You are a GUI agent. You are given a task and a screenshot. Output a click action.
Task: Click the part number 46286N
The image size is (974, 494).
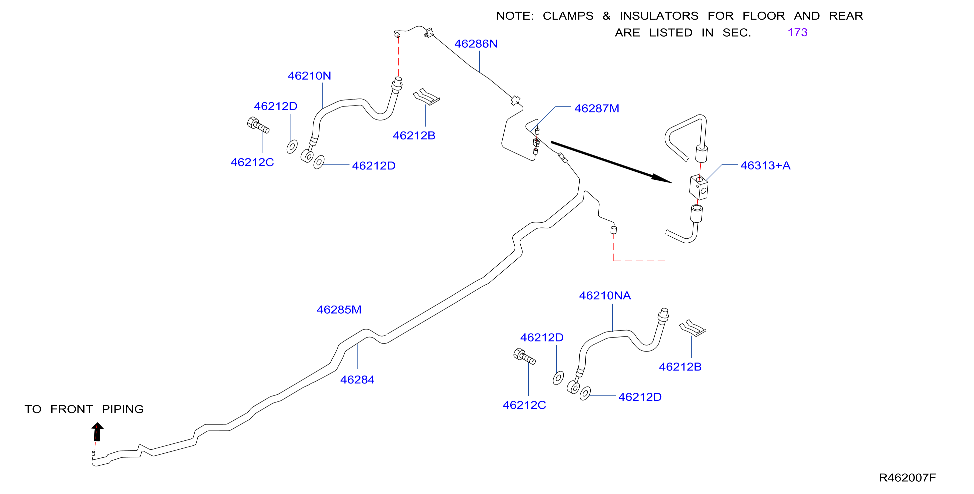(476, 44)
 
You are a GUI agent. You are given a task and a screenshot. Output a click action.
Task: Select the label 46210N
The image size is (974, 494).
(309, 76)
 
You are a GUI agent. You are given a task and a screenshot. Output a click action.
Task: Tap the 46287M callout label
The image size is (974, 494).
(597, 109)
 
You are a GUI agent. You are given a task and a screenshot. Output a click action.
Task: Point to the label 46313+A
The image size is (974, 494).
(765, 165)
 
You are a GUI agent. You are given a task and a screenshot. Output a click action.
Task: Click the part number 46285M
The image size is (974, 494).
(339, 310)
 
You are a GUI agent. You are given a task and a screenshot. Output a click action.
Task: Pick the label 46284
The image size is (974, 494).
(357, 379)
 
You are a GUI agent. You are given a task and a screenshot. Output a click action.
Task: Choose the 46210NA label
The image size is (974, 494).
(605, 295)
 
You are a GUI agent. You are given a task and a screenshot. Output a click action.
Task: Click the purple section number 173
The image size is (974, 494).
(797, 33)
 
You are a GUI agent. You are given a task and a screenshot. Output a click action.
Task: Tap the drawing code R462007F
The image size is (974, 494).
(907, 478)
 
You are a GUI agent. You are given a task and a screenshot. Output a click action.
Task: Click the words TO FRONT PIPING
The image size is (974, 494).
(84, 409)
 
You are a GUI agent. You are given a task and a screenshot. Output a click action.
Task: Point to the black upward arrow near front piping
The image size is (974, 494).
(97, 432)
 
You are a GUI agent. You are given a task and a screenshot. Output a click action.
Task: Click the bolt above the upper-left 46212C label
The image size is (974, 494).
(258, 125)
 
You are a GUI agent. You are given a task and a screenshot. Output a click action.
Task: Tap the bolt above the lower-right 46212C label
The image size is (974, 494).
(524, 357)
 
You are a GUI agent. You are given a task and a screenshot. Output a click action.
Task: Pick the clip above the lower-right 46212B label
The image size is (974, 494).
(692, 328)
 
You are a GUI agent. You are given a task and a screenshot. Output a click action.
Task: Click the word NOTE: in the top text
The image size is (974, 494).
(515, 16)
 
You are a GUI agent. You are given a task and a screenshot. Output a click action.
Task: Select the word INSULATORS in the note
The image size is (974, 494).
(659, 16)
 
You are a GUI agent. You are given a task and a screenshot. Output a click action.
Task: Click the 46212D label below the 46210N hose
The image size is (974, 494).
(374, 166)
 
